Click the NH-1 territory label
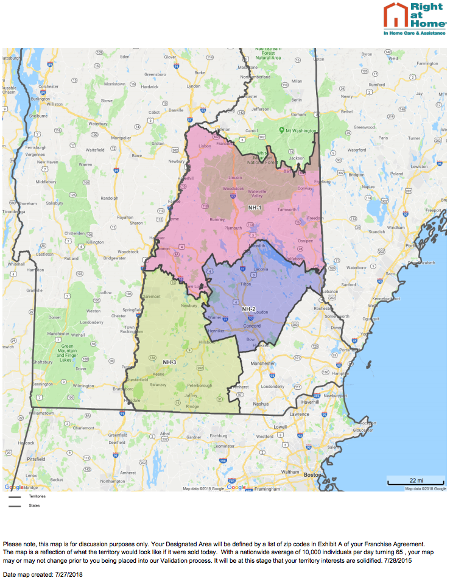[x=255, y=208]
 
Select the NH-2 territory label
[x=248, y=309]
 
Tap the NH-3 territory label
[x=169, y=362]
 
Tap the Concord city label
[x=251, y=325]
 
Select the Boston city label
[x=312, y=474]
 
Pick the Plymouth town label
[x=233, y=227]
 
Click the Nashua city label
[x=261, y=403]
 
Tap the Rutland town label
[x=71, y=258]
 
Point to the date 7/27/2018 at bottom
[x=68, y=574]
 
